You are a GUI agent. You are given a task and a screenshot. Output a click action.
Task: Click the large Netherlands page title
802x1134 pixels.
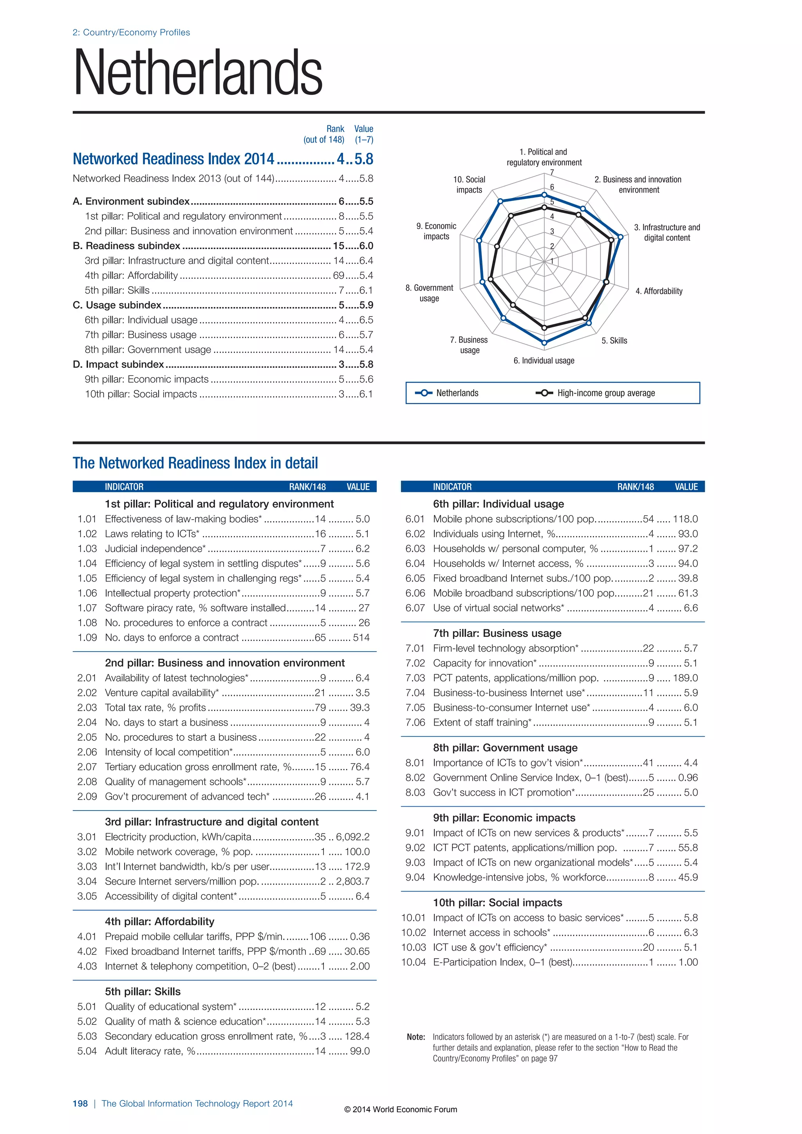tap(197, 72)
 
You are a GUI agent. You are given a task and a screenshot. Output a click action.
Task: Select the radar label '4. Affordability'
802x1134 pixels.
tap(659, 291)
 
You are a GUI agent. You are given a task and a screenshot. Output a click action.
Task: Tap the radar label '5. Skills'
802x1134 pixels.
tap(614, 341)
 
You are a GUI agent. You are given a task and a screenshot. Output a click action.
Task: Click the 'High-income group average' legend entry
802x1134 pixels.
tap(605, 393)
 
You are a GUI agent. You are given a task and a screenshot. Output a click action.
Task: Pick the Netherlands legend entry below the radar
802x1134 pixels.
tap(457, 393)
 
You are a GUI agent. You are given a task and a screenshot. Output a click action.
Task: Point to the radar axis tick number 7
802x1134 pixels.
tap(552, 172)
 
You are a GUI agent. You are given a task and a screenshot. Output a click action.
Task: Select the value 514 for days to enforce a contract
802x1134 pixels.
tap(361, 637)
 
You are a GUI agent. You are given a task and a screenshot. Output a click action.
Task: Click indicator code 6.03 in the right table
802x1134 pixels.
tap(415, 549)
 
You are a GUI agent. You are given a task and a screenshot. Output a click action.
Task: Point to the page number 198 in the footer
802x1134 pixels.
tap(80, 1103)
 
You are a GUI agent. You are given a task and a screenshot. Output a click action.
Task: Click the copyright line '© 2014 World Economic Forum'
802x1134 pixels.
tap(401, 1109)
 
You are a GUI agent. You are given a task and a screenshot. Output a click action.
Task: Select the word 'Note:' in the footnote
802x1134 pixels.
tap(416, 1037)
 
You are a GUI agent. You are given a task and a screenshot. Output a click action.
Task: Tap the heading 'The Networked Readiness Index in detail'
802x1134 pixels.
tap(195, 463)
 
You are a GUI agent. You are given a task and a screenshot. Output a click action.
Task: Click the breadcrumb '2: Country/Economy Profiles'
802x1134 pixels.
tap(131, 33)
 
